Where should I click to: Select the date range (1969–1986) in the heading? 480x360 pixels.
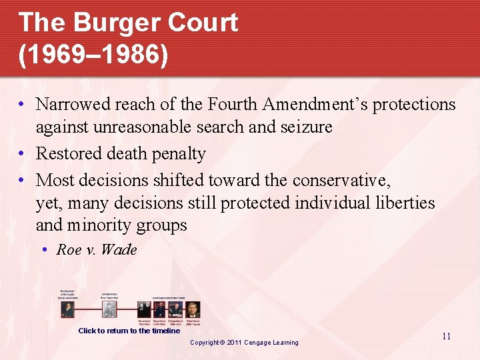point(93,55)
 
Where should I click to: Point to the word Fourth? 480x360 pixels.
point(233,105)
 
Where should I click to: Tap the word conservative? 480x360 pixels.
point(341,180)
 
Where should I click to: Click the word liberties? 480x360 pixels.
point(403,203)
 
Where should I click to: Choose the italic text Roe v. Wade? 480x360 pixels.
point(97,250)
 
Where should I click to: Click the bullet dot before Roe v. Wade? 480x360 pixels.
point(43,250)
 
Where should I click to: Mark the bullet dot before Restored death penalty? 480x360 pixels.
point(23,154)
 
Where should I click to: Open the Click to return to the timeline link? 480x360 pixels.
point(129,331)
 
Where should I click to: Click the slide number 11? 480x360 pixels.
point(446,336)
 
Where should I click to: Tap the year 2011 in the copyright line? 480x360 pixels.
point(235,343)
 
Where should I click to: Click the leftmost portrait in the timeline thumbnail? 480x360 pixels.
point(67,309)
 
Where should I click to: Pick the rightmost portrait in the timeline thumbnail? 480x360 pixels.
point(193,310)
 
